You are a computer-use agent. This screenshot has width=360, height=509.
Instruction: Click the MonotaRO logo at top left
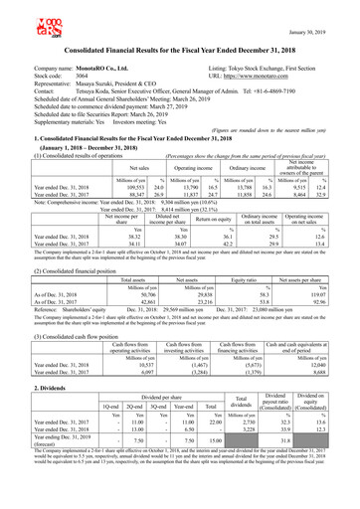[21, 17]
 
